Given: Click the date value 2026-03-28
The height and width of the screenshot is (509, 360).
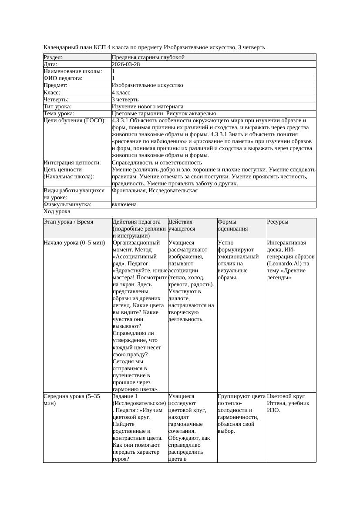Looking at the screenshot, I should point(126,64).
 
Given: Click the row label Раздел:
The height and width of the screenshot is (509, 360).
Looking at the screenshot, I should point(53,57).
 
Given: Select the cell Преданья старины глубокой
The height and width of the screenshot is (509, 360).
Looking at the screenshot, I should point(148,57).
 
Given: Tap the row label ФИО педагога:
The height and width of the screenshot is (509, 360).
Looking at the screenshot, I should point(63,78).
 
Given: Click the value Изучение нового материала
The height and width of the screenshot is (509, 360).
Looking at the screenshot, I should point(148,107).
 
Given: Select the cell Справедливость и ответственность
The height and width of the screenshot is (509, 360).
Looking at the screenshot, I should point(157,163).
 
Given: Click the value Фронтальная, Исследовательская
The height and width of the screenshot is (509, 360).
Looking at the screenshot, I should point(155,191).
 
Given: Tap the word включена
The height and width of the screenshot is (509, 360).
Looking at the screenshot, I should point(124,204).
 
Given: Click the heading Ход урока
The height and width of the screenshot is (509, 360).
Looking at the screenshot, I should point(57,211).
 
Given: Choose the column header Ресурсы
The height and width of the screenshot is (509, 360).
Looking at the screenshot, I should point(278,222).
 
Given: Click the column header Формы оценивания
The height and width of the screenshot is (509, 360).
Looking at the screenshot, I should point(233,225).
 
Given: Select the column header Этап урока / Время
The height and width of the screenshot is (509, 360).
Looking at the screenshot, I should point(68,222).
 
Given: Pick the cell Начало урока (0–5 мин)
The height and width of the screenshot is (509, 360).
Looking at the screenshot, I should point(74,243).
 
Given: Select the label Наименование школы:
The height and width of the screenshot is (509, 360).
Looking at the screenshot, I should point(73,71).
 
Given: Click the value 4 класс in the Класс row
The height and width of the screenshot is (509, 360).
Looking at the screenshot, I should point(121,93).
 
